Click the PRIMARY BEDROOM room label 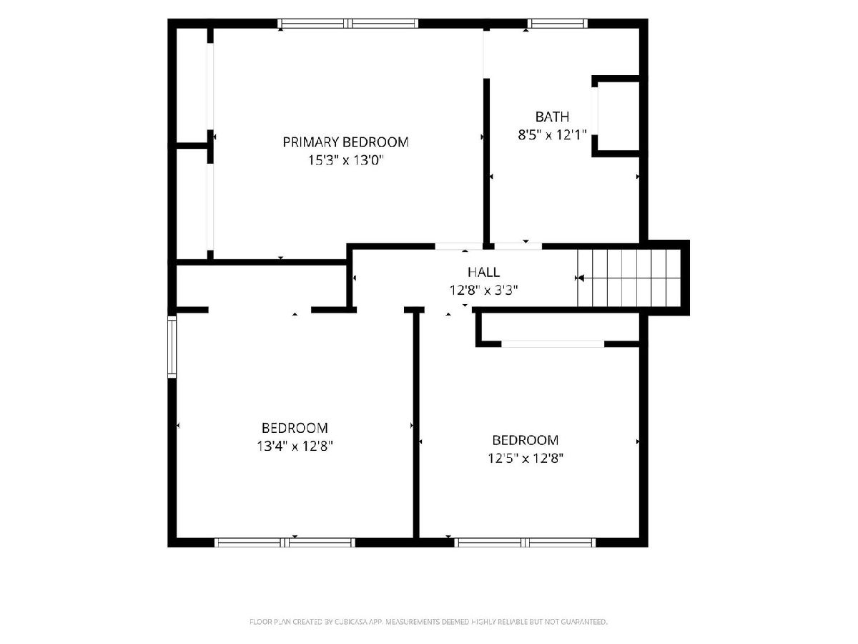pos(345,142)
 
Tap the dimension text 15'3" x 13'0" pos(345,160)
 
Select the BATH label pos(552,117)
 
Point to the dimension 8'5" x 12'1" pos(552,135)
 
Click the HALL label pos(483,272)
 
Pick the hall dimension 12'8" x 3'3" pos(483,290)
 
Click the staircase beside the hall pos(629,278)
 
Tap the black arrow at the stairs pos(580,278)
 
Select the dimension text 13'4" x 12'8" pos(295,446)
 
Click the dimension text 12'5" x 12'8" pos(525,458)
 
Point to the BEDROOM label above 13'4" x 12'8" pos(295,428)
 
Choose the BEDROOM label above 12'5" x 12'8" pos(525,440)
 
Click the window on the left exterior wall pos(172,347)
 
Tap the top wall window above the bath pos(558,24)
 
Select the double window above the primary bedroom pos(348,24)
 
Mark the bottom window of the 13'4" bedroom pos(285,542)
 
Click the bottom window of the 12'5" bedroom pos(525,542)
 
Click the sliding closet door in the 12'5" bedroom pos(553,344)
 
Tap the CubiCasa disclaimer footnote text pos(428,622)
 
